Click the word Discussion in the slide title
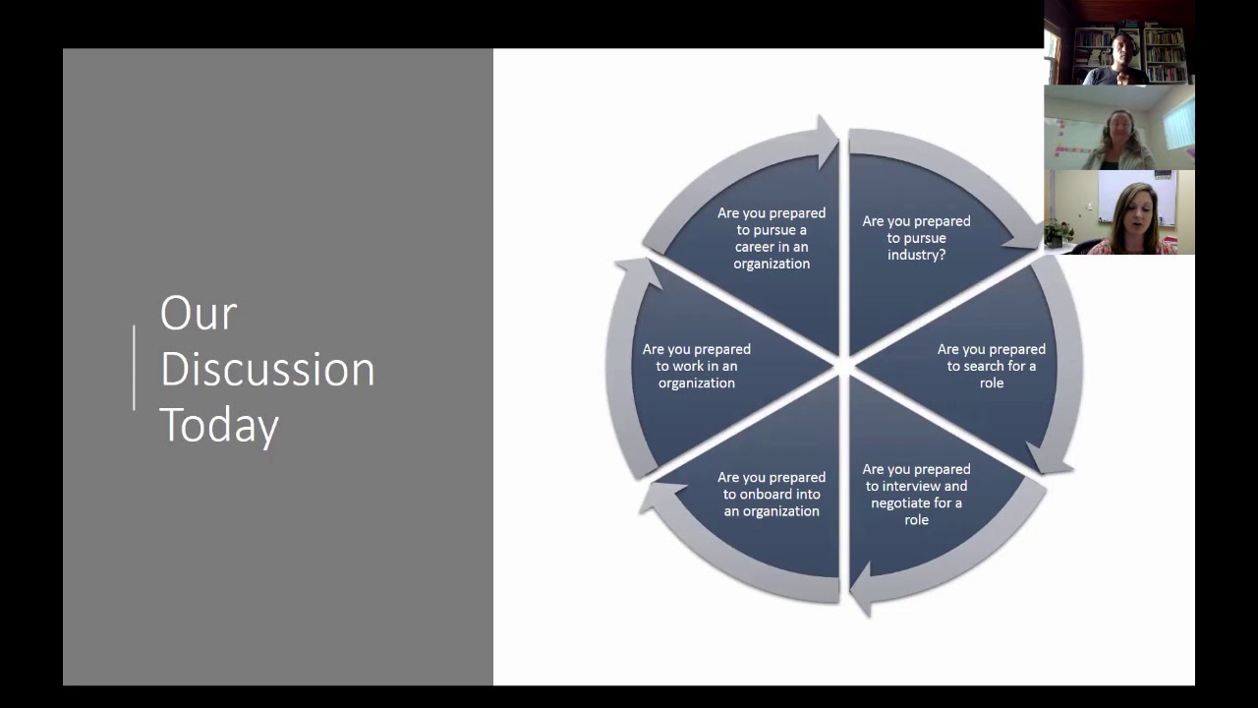267,370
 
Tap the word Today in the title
219,426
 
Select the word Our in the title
199,314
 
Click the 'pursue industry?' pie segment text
916,238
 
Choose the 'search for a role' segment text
991,366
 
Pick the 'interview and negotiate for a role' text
916,494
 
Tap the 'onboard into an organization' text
772,495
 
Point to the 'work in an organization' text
697,366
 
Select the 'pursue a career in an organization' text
772,238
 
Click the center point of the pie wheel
843,367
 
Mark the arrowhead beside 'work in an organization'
635,273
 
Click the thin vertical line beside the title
134,367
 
